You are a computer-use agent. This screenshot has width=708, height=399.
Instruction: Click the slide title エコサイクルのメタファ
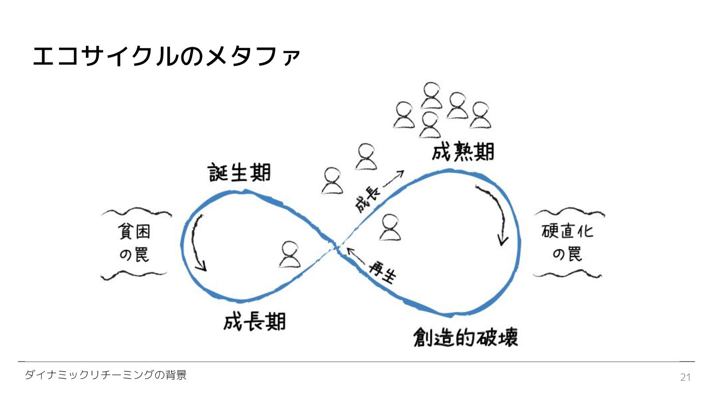pos(166,57)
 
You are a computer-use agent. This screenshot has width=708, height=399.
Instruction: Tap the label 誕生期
pos(240,172)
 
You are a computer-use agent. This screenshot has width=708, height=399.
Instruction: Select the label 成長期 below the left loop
pos(254,323)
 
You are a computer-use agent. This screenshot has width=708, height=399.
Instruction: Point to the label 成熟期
pos(463,152)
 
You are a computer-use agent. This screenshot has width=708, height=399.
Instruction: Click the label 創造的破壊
pos(465,337)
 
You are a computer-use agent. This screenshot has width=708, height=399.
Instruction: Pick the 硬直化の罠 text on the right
pos(568,242)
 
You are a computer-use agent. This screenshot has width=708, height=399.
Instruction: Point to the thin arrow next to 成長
pos(393,180)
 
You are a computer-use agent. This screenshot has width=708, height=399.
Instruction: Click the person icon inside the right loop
pos(390,227)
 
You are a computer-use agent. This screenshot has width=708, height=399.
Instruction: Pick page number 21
pos(685,377)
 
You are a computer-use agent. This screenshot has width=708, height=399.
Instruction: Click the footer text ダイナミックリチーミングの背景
pos(106,375)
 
